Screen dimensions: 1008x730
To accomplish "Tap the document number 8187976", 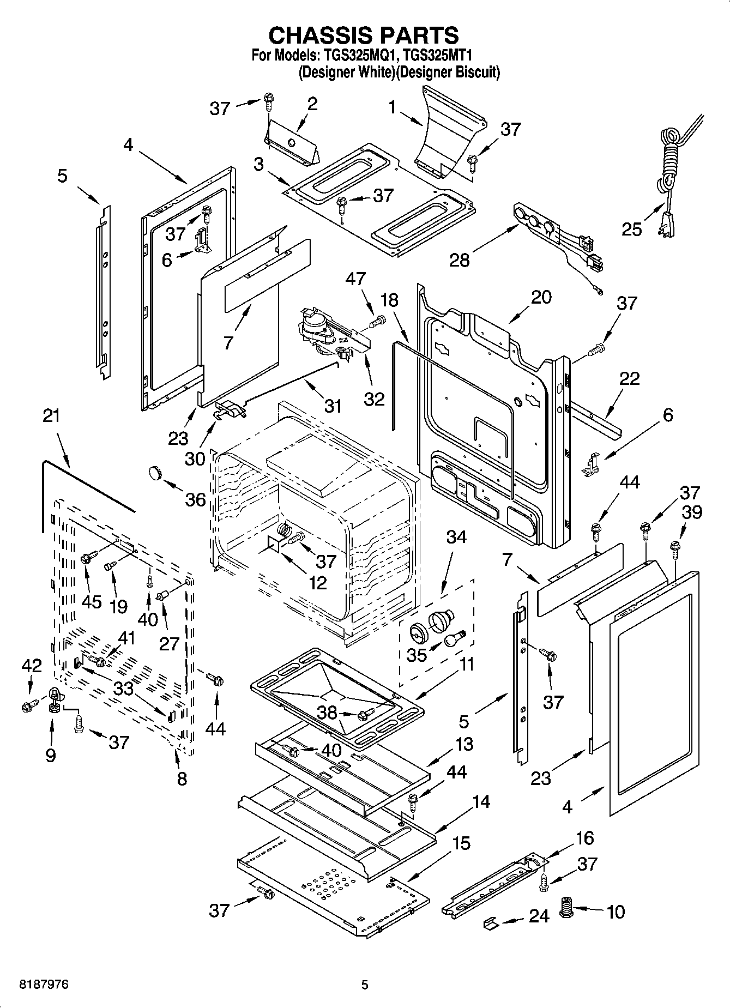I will tap(44, 985).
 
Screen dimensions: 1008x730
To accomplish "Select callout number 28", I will tap(460, 260).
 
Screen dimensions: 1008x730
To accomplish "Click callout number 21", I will tap(51, 416).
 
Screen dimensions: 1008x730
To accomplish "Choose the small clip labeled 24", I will tap(491, 923).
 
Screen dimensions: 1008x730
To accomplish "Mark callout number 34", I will tap(456, 537).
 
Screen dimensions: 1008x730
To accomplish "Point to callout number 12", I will tap(317, 582).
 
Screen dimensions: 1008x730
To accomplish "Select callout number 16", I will tap(584, 838).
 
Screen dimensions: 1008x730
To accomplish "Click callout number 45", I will tap(91, 601).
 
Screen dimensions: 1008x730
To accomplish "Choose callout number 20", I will tap(541, 297).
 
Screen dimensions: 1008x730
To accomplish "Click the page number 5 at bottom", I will tap(365, 985).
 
